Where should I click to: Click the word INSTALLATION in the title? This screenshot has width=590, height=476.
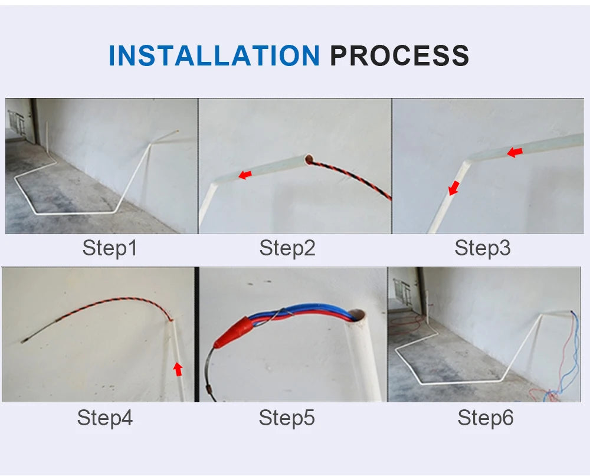(214, 55)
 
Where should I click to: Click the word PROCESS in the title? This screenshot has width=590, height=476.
(399, 55)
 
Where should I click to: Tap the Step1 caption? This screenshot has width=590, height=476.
(110, 248)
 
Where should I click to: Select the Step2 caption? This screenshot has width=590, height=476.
(287, 248)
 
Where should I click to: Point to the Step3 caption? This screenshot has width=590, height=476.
(482, 248)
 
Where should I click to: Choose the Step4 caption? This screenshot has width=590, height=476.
(104, 418)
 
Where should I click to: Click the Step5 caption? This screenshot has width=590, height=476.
(287, 418)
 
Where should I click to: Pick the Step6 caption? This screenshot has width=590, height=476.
(485, 418)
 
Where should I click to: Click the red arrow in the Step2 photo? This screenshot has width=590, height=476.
(244, 175)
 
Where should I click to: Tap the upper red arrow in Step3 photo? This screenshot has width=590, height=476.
(514, 153)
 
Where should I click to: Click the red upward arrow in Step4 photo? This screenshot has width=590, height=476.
(178, 369)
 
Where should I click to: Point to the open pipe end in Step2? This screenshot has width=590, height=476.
(309, 159)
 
